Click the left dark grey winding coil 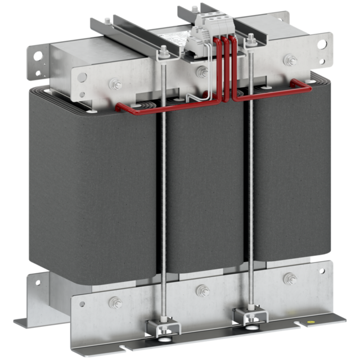pos(90,186)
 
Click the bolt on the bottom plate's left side pos(115,301)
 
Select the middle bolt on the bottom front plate pos(203,291)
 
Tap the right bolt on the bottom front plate pos(290,278)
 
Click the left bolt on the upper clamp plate pos(116,85)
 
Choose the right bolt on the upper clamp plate pos(290,61)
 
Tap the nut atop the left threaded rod pos(162,54)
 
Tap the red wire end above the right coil pos(307,87)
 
